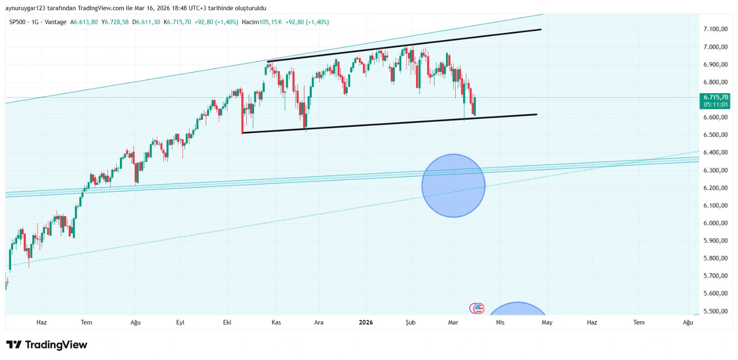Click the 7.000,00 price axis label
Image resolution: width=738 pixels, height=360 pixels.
coord(715,47)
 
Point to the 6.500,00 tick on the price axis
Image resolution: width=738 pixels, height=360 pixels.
coord(715,135)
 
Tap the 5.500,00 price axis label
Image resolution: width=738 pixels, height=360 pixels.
coord(715,311)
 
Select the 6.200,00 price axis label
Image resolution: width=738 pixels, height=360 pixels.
coord(715,188)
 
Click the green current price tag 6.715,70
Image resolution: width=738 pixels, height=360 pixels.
coord(715,97)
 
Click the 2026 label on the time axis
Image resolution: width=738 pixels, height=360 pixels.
coord(366,322)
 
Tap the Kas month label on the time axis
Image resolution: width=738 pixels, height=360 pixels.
coord(276,322)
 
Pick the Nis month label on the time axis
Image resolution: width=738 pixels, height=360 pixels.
coord(500,322)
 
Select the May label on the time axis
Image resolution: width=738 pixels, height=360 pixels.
coord(547,322)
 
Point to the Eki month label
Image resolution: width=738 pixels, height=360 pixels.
coord(227,322)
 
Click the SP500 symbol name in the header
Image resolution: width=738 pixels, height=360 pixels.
coord(18,22)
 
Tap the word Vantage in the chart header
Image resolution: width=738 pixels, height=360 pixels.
coord(56,22)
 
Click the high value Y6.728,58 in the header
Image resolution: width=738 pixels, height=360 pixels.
coord(115,22)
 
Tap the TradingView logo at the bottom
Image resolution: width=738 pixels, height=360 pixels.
coord(47,345)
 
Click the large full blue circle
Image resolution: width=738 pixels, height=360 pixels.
coord(453,186)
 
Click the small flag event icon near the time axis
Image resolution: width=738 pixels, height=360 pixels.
coord(478,308)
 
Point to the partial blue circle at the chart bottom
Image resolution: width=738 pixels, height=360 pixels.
coord(518,309)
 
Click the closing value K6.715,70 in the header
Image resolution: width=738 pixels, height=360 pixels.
coord(178,22)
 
